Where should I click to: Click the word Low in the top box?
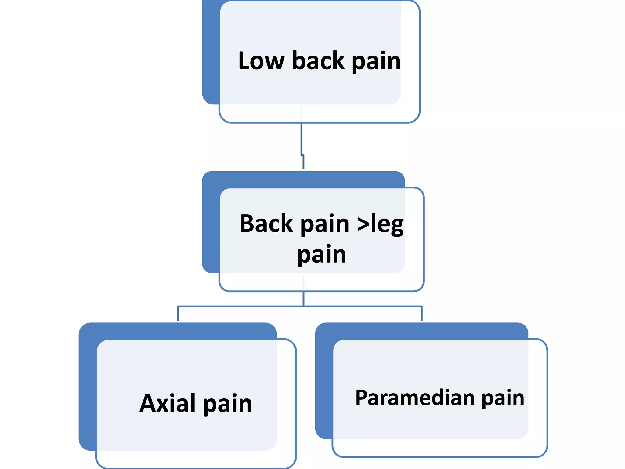tap(261, 61)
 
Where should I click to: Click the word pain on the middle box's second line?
tap(322, 255)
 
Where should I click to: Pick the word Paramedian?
tap(415, 398)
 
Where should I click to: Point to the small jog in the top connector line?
tap(302, 155)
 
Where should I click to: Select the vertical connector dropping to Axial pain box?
tap(178, 314)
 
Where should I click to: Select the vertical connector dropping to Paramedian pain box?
tap(421, 314)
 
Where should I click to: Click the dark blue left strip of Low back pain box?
tap(211, 52)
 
